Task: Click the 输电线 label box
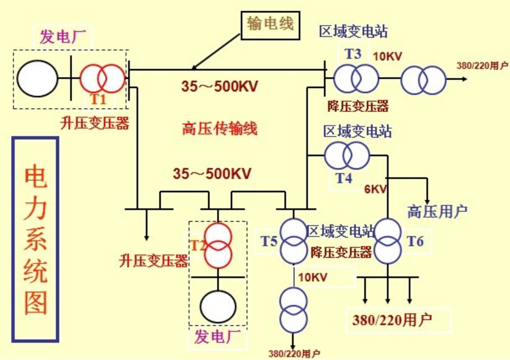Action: [x=271, y=26]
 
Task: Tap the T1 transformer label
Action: [x=98, y=99]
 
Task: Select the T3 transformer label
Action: [x=353, y=54]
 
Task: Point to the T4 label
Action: [x=344, y=178]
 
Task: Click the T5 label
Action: [x=269, y=241]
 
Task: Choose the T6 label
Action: [x=415, y=241]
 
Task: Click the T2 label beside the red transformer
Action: [x=197, y=245]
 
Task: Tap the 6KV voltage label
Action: [x=376, y=189]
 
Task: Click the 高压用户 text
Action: [x=437, y=212]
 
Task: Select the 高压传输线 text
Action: [x=220, y=129]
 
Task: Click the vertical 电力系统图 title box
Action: [x=35, y=239]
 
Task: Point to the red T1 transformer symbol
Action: [x=103, y=79]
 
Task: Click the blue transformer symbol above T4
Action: [x=347, y=155]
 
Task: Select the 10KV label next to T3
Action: [x=387, y=56]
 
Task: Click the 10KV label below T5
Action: [x=313, y=277]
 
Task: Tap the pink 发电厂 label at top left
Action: [x=63, y=37]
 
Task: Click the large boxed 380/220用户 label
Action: [x=392, y=320]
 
